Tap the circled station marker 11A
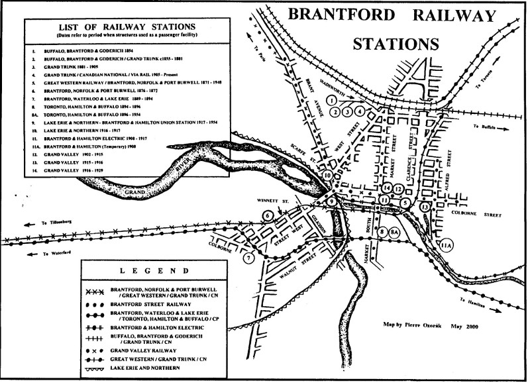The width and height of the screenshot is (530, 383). (447, 243)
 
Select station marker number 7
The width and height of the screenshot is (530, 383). (249, 258)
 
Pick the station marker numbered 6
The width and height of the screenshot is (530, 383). (268, 215)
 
